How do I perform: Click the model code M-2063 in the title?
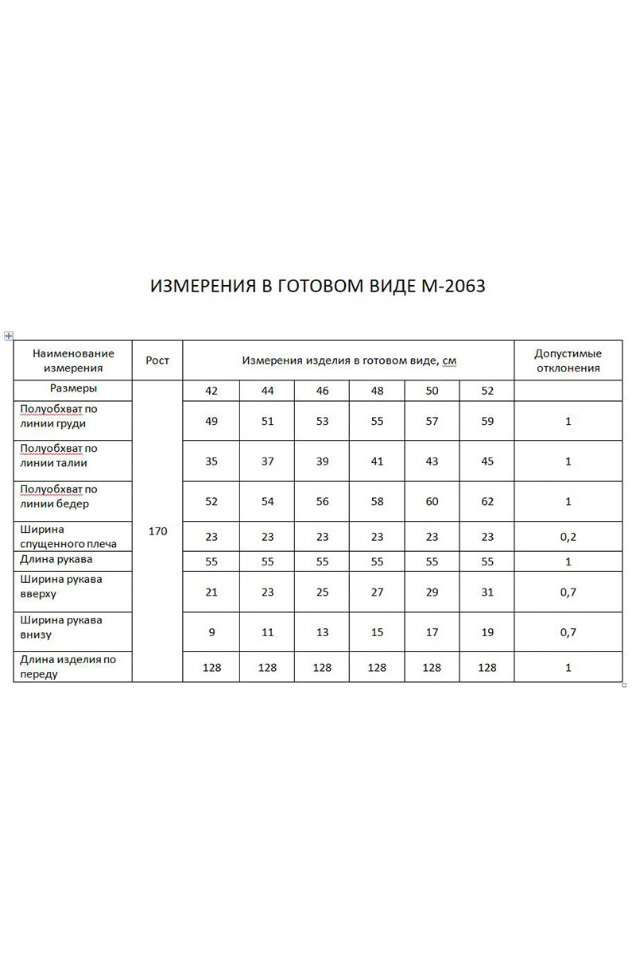point(451,287)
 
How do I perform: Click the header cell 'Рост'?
point(157,361)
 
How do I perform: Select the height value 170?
point(157,531)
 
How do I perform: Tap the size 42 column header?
point(211,391)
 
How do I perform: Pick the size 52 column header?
point(487,391)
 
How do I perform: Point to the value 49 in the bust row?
point(211,422)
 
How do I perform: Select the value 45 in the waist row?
point(487,461)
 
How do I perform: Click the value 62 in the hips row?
point(487,502)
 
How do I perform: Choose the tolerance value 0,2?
point(568,537)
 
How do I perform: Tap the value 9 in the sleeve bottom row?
point(211,632)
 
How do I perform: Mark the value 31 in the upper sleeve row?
point(487,592)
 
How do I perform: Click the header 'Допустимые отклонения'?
point(568,361)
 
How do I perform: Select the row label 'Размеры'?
point(73,389)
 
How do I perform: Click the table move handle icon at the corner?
point(9,336)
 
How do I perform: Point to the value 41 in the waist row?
point(377,461)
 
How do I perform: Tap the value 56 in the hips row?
point(322,502)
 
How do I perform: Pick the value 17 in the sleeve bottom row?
point(432,632)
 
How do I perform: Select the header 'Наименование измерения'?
point(73,361)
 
